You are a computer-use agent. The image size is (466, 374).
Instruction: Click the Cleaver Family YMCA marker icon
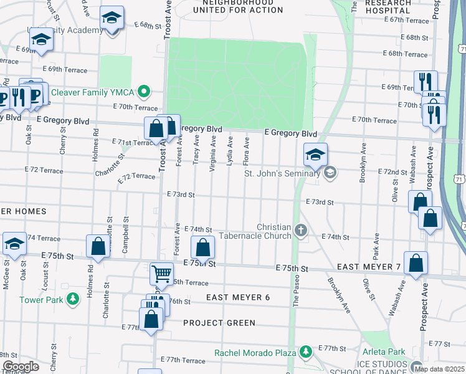coord(144,92)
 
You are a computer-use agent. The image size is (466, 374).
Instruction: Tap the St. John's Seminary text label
coord(282,173)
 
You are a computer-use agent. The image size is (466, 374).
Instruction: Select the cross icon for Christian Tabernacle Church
coord(301,231)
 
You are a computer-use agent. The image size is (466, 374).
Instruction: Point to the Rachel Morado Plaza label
coord(255,353)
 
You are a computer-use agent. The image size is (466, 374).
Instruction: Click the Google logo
coord(21,367)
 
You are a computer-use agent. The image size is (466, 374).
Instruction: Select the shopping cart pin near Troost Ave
coord(161,273)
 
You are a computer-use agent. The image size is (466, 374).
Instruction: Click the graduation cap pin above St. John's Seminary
coord(315,155)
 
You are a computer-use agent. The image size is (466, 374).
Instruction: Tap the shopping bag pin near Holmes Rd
coord(98,246)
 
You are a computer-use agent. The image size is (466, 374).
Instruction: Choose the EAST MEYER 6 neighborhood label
coord(238,297)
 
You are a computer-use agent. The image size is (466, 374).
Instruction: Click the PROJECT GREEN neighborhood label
coord(219,323)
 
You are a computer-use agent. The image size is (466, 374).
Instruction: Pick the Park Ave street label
coord(376,248)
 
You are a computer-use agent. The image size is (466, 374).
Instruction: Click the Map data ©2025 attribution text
coord(439,369)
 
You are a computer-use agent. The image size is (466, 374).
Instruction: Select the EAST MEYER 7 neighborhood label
coord(368,267)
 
